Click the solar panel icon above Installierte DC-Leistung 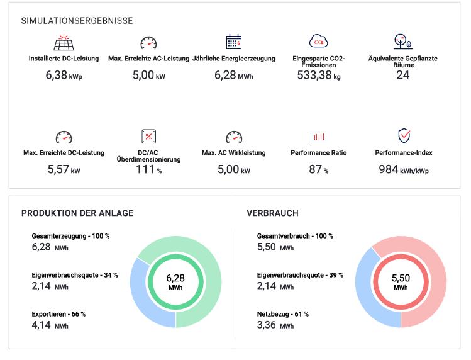tap(64, 43)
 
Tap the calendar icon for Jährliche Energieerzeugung tap(234, 42)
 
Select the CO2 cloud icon tap(319, 42)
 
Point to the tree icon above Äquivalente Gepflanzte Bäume tap(403, 42)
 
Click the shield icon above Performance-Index tap(404, 136)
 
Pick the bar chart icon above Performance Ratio tap(319, 137)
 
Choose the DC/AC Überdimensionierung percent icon tap(149, 137)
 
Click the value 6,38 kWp tap(64, 75)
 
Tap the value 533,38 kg tap(319, 76)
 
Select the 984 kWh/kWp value tap(404, 169)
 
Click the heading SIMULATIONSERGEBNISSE tap(77, 21)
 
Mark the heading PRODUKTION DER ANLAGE tap(77, 213)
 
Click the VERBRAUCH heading tap(272, 213)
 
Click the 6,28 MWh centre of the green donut tap(177, 282)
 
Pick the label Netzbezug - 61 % tap(283, 314)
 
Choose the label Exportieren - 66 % tap(58, 314)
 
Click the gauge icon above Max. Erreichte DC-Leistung tap(64, 137)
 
